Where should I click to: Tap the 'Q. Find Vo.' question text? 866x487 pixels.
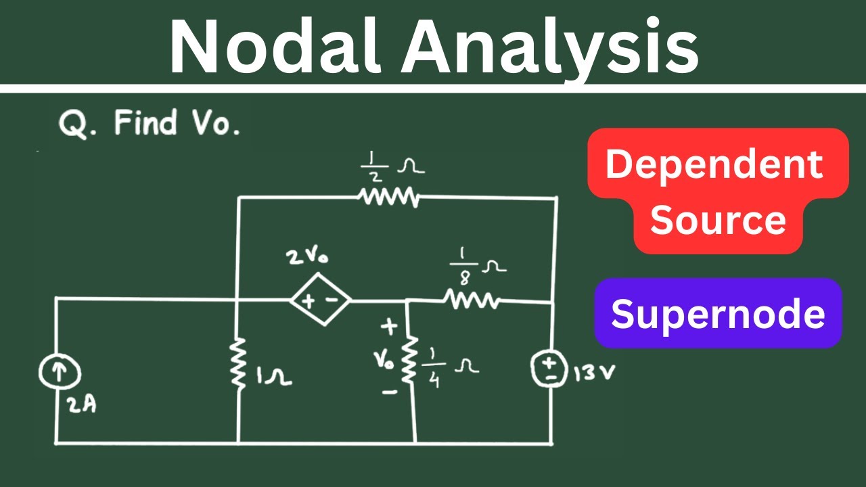(x=150, y=124)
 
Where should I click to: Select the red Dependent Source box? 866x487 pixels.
(x=718, y=191)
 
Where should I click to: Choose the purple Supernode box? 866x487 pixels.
(x=718, y=314)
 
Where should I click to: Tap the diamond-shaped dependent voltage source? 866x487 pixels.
(x=320, y=301)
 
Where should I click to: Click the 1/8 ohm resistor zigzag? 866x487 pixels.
(x=472, y=300)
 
